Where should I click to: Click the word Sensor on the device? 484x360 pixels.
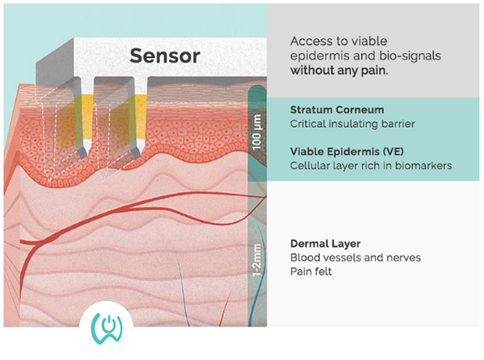(164, 56)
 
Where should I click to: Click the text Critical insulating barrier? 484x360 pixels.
(341, 124)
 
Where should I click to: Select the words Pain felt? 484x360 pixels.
(311, 271)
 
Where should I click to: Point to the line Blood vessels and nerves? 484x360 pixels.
(344, 257)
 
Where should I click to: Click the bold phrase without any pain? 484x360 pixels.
(340, 70)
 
